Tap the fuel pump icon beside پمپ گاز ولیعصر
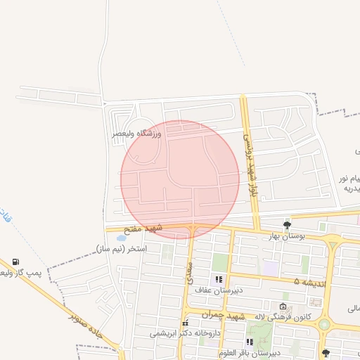[16, 262]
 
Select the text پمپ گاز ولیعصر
[21, 272]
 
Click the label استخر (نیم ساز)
[121, 248]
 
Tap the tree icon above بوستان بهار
[287, 225]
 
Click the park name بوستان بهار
[285, 236]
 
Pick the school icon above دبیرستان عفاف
[218, 279]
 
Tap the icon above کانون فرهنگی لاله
[283, 307]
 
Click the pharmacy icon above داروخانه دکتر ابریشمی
[185, 323]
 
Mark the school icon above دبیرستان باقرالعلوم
[250, 342]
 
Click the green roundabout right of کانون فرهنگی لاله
[324, 324]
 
